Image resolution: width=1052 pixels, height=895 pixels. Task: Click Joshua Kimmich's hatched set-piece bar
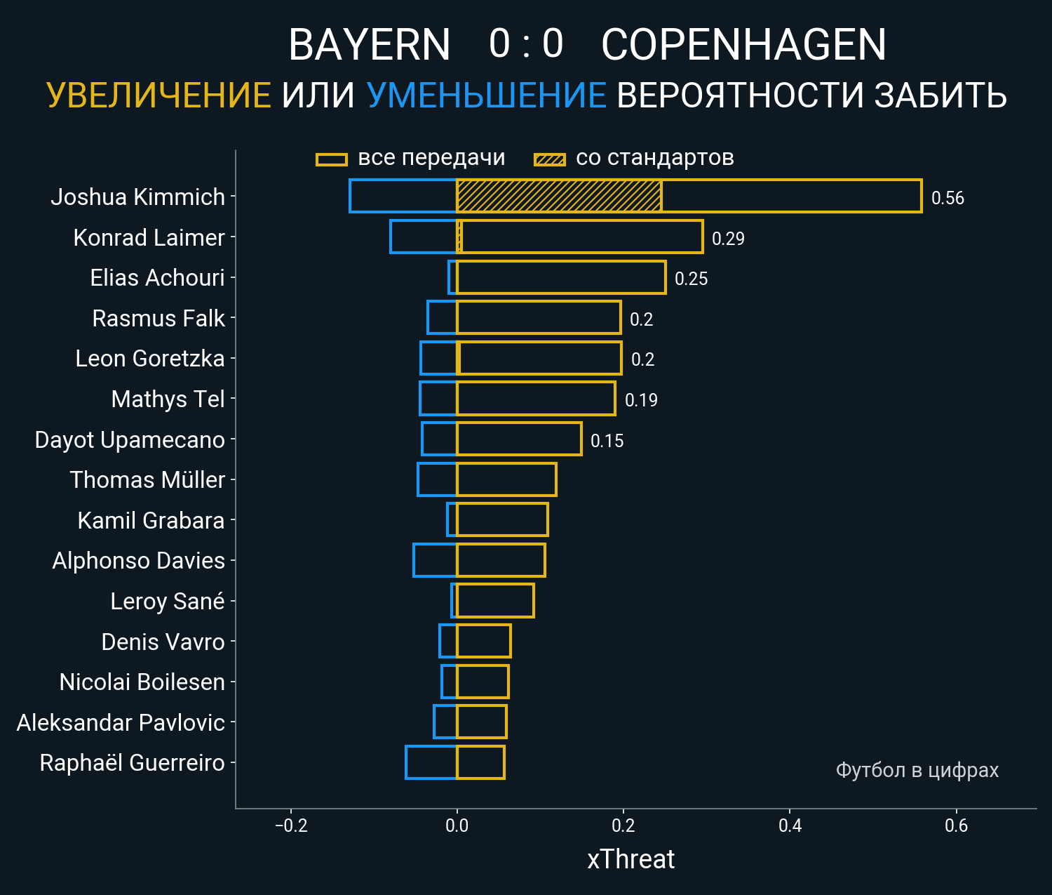[559, 196]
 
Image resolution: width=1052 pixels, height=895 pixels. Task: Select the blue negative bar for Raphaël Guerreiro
[431, 762]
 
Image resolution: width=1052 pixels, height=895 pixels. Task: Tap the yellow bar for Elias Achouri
[561, 277]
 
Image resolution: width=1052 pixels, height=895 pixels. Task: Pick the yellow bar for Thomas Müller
[506, 479]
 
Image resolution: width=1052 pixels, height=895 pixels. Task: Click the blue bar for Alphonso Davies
[435, 560]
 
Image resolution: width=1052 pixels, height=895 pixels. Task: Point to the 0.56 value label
[948, 198]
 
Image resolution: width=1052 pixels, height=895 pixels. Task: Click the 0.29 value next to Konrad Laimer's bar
[728, 239]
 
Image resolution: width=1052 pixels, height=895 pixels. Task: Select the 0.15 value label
[607, 441]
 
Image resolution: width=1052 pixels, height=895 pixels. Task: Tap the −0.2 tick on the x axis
[291, 826]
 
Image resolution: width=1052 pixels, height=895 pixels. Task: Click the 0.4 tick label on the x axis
[790, 826]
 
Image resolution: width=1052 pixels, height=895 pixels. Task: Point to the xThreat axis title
[630, 859]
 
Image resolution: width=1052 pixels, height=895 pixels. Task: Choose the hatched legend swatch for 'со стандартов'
[550, 159]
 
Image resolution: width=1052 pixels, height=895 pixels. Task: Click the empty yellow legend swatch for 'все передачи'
[332, 159]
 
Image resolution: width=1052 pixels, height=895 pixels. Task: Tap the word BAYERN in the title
[369, 45]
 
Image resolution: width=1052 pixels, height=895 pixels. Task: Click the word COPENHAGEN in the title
[743, 45]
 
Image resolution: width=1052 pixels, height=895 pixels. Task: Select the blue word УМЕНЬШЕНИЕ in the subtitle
[486, 95]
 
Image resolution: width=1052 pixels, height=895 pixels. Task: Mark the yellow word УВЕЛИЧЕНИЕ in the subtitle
[159, 95]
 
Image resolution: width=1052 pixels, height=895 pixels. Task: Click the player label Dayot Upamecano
[130, 440]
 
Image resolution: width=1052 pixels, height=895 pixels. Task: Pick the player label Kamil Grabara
[151, 521]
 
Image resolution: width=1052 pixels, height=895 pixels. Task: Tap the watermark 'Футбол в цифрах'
[917, 770]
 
